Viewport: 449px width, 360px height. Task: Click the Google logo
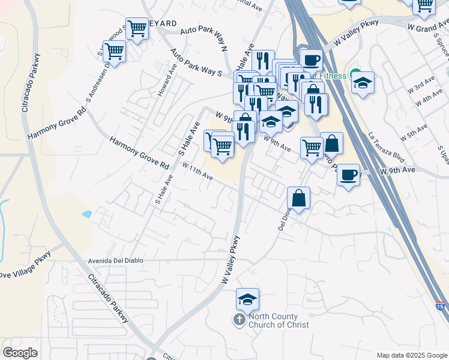pyautogui.click(x=20, y=353)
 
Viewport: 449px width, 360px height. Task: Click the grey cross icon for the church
pyautogui.click(x=239, y=319)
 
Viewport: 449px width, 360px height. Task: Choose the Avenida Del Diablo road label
pyautogui.click(x=113, y=261)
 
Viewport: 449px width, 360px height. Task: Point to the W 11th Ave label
pyautogui.click(x=197, y=172)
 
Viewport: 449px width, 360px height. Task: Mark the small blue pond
pyautogui.click(x=88, y=214)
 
